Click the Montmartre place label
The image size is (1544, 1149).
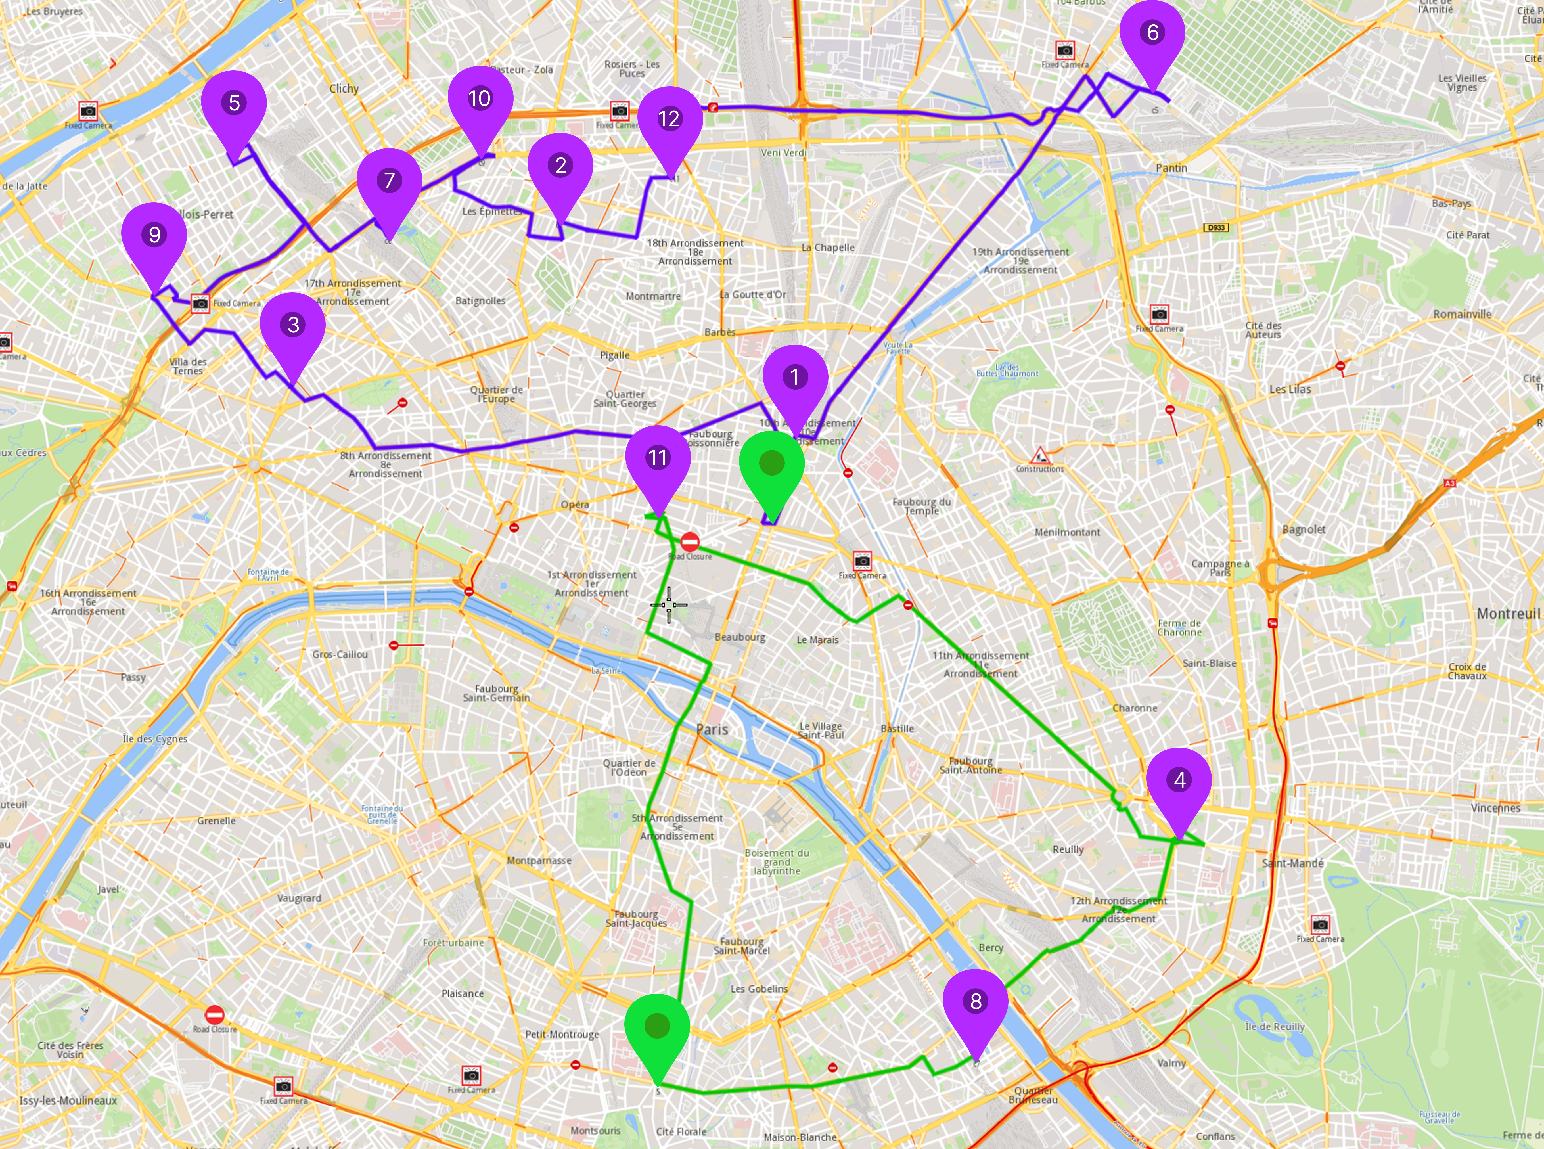(x=653, y=296)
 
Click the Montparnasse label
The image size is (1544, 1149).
(x=539, y=860)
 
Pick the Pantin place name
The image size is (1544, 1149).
(x=1171, y=168)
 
